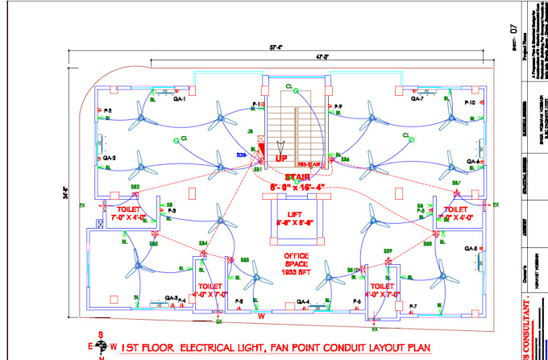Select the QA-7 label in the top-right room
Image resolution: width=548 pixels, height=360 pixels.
(x=417, y=100)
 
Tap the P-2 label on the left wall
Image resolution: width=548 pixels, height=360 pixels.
(x=107, y=110)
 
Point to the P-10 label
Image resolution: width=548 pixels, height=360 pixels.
(x=470, y=104)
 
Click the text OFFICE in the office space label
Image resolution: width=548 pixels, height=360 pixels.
(x=296, y=257)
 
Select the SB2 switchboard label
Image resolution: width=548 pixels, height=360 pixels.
(x=135, y=187)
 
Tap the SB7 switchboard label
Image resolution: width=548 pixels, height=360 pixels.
(x=455, y=183)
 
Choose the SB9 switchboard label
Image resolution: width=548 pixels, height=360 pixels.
(x=388, y=252)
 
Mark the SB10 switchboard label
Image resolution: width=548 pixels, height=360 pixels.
(x=351, y=269)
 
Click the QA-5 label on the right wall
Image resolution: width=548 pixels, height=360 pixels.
(x=471, y=248)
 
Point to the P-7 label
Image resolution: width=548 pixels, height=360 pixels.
(x=412, y=306)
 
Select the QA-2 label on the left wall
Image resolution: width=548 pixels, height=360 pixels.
(x=110, y=158)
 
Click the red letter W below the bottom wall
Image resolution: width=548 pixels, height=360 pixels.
(x=260, y=317)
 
